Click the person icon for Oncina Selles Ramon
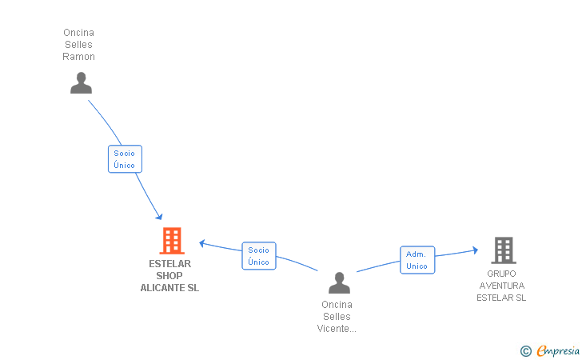[81, 83]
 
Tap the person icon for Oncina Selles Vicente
[339, 282]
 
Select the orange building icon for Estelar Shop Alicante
[172, 241]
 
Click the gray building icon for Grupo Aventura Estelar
[504, 250]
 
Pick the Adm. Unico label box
[417, 260]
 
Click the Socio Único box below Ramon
[125, 159]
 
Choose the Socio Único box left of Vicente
[259, 256]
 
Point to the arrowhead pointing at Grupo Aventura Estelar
[476, 250]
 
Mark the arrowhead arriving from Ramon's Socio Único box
[160, 217]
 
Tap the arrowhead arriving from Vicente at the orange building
[202, 243]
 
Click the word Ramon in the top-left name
[78, 57]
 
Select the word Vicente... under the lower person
[337, 329]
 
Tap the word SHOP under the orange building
[169, 276]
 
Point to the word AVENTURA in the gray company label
[502, 286]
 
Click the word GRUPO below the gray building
[501, 274]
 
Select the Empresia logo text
[558, 350]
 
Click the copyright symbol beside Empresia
[526, 351]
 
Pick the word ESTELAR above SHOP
[170, 264]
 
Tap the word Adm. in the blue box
[416, 254]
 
